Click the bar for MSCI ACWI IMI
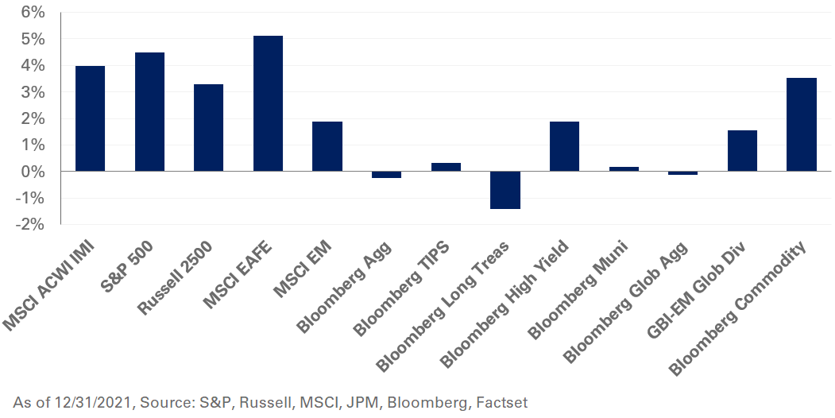90,118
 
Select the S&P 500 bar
149,112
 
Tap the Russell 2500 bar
208,128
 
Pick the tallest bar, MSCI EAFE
268,103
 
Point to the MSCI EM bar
327,146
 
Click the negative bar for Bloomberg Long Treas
505,190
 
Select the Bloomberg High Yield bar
564,146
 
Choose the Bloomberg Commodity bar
802,125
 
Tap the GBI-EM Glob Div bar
742,151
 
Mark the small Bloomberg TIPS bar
446,167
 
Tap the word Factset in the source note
501,403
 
